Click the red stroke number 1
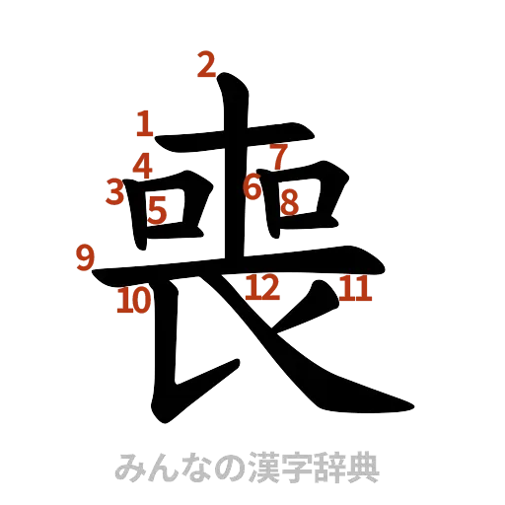(145, 125)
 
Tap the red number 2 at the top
(205, 65)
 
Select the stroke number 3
(115, 190)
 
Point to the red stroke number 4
(143, 166)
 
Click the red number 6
(253, 185)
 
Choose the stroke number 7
(278, 155)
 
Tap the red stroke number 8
(289, 200)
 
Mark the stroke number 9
(85, 258)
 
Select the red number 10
(133, 300)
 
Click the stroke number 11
(354, 289)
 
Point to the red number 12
(261, 288)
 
